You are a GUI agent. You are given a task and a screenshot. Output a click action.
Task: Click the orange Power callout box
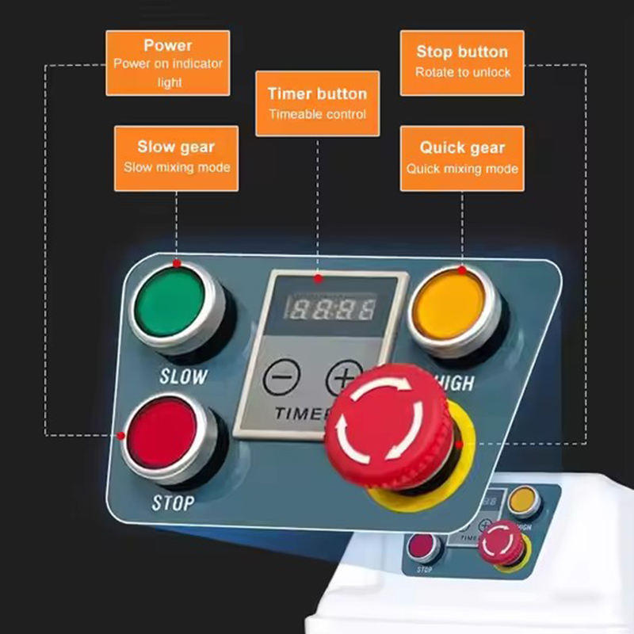pos(168,63)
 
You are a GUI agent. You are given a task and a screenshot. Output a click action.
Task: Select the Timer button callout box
pos(317,104)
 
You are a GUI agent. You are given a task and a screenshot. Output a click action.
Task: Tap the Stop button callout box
pos(462,63)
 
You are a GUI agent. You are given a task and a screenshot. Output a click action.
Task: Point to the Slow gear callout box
pos(176,158)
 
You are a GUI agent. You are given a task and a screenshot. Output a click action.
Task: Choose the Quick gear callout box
pos(462,158)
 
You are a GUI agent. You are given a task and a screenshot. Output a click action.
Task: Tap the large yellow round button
pos(453,306)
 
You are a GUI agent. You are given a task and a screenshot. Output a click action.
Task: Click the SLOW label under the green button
pos(183,376)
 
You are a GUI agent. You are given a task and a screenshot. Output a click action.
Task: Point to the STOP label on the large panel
pos(173,502)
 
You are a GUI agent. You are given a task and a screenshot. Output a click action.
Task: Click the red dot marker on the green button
pos(176,262)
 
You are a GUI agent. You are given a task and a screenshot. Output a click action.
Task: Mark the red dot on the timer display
pos(318,278)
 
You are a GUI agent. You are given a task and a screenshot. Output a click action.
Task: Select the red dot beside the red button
pos(121,435)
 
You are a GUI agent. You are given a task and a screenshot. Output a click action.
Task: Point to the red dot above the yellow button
pos(462,269)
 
